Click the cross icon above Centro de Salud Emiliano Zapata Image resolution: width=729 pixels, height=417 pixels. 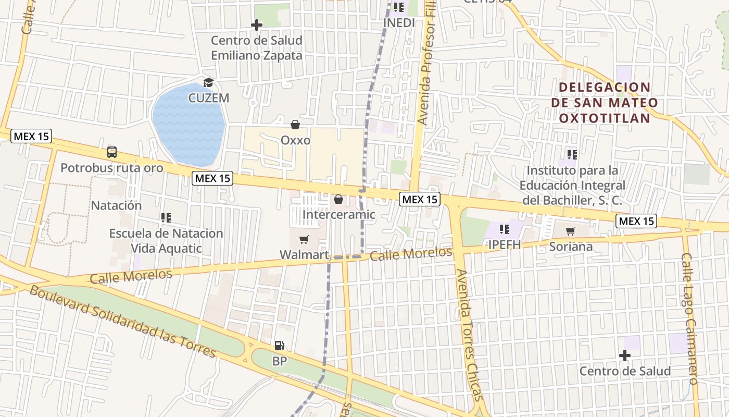[256, 24]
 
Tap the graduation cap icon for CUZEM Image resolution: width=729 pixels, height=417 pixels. [208, 82]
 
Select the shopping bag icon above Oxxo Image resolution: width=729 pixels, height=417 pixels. [295, 125]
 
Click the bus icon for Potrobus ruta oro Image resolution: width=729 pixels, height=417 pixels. [112, 152]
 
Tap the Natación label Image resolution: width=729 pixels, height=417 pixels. [116, 205]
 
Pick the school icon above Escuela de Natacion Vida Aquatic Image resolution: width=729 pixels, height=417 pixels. [166, 217]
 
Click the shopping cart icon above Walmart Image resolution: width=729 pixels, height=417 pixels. [304, 239]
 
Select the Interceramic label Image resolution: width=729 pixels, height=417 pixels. [338, 214]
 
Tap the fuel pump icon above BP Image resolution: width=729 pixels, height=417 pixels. [280, 345]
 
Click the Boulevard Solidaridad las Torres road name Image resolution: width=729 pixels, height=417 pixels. [122, 322]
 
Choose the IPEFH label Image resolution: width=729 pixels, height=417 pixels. [504, 244]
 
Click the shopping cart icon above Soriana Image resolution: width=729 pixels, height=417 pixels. [571, 231]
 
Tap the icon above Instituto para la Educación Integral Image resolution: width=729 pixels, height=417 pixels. [572, 154]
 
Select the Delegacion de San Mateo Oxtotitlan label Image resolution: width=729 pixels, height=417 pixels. [604, 103]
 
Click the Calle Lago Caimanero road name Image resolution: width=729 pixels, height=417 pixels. [689, 318]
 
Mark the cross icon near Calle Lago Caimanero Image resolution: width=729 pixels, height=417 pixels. [625, 355]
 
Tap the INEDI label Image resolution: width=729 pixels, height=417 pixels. [399, 23]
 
